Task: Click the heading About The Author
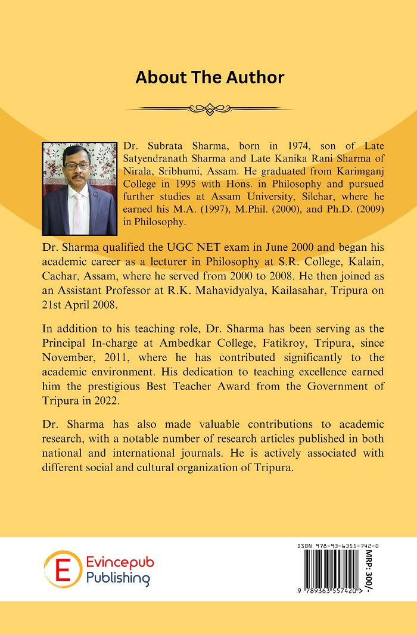coord(209,77)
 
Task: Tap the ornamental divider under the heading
coord(209,108)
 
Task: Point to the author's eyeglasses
coord(79,166)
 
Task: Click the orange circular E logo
coord(62,569)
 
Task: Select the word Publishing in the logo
coord(117,577)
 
